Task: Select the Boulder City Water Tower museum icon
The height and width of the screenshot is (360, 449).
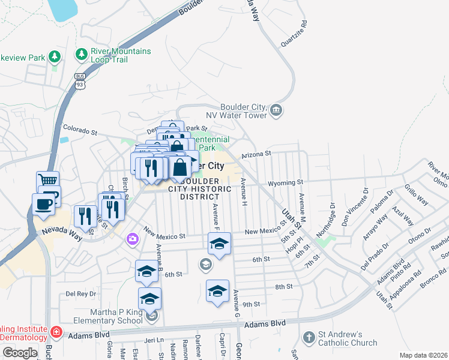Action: (276, 110)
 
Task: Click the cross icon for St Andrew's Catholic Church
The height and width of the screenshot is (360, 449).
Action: (309, 337)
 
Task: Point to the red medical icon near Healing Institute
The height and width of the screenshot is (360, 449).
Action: (56, 331)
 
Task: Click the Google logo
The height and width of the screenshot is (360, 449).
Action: (19, 353)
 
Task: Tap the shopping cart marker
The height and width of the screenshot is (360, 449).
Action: (48, 181)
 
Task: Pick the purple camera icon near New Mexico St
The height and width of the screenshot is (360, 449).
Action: (131, 239)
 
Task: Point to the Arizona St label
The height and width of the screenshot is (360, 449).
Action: (257, 154)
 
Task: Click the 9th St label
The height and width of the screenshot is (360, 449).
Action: (252, 304)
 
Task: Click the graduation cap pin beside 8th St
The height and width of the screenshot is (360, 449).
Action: (217, 292)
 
